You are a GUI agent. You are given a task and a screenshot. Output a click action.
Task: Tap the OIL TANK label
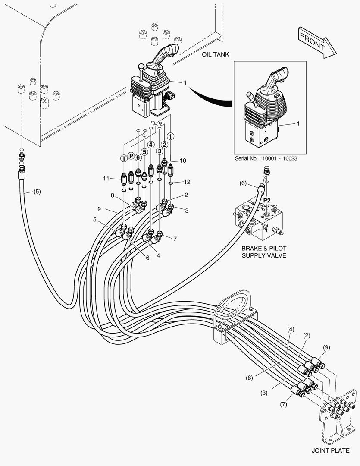point(215,54)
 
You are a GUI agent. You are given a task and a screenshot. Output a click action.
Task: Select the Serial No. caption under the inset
point(266,158)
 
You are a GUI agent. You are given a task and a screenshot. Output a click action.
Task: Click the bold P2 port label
point(267,200)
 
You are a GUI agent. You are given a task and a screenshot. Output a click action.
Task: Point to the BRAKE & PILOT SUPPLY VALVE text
point(263,252)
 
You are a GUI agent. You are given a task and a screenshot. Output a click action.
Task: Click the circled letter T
point(124,158)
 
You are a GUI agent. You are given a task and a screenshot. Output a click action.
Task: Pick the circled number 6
point(138,157)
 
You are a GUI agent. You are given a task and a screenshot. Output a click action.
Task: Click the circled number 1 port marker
point(171,136)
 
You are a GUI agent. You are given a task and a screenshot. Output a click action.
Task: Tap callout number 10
point(183,161)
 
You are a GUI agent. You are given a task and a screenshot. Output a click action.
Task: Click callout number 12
point(187,181)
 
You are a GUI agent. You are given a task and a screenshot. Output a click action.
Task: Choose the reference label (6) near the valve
point(243,184)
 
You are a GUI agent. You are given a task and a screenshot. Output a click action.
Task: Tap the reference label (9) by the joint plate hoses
point(327,347)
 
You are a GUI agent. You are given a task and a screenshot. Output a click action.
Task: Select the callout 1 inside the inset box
point(297,123)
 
